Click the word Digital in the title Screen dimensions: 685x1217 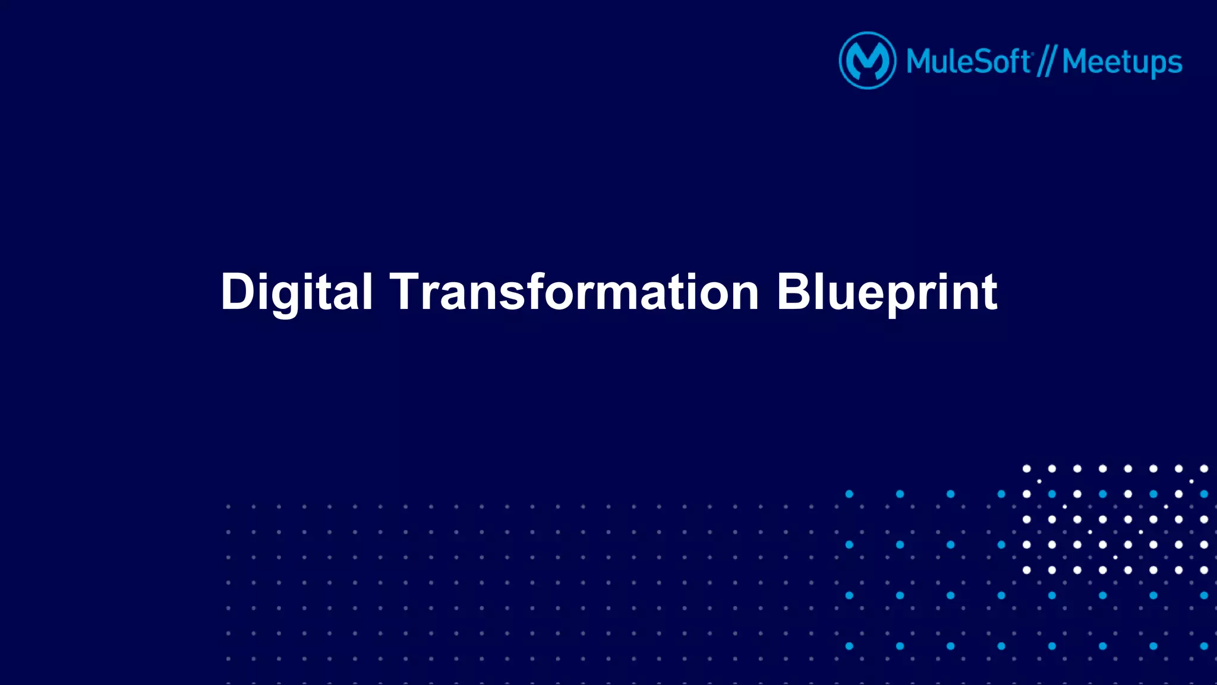click(296, 292)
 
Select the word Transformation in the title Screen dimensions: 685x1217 click(574, 292)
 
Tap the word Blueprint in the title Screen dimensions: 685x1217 click(887, 292)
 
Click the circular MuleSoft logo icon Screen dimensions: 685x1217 click(867, 61)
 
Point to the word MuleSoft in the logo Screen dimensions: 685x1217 click(969, 62)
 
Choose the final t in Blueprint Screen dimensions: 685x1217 click(989, 292)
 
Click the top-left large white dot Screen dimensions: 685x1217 click(1026, 469)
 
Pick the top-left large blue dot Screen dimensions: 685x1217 click(849, 494)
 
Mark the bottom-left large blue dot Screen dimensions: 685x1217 click(849, 646)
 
